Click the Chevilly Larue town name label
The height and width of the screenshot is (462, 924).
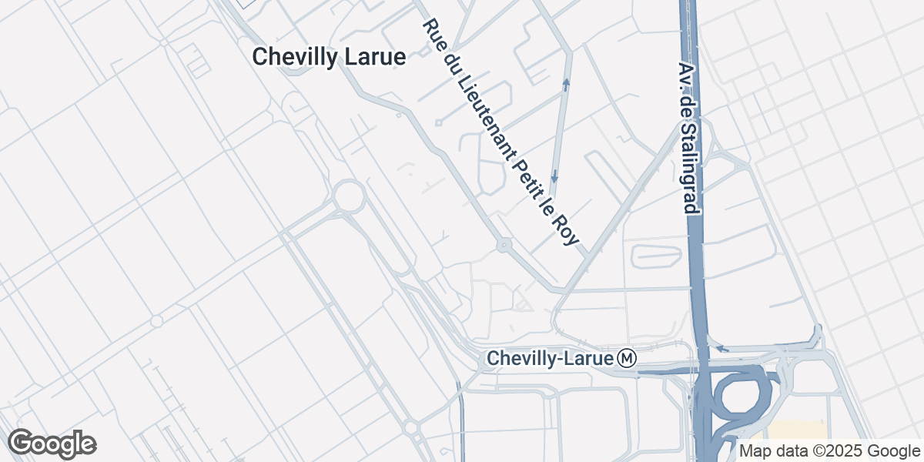329,57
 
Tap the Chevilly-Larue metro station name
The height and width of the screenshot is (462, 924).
551,359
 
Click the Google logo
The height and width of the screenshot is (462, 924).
52,444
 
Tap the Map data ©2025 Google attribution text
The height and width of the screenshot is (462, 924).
830,451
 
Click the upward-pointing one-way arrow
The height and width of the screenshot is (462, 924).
566,83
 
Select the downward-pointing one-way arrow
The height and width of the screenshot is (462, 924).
554,177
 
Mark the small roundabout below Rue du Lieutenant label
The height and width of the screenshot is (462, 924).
504,246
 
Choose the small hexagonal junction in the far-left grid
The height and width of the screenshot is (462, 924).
156,321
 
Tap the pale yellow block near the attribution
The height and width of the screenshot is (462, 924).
797,431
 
